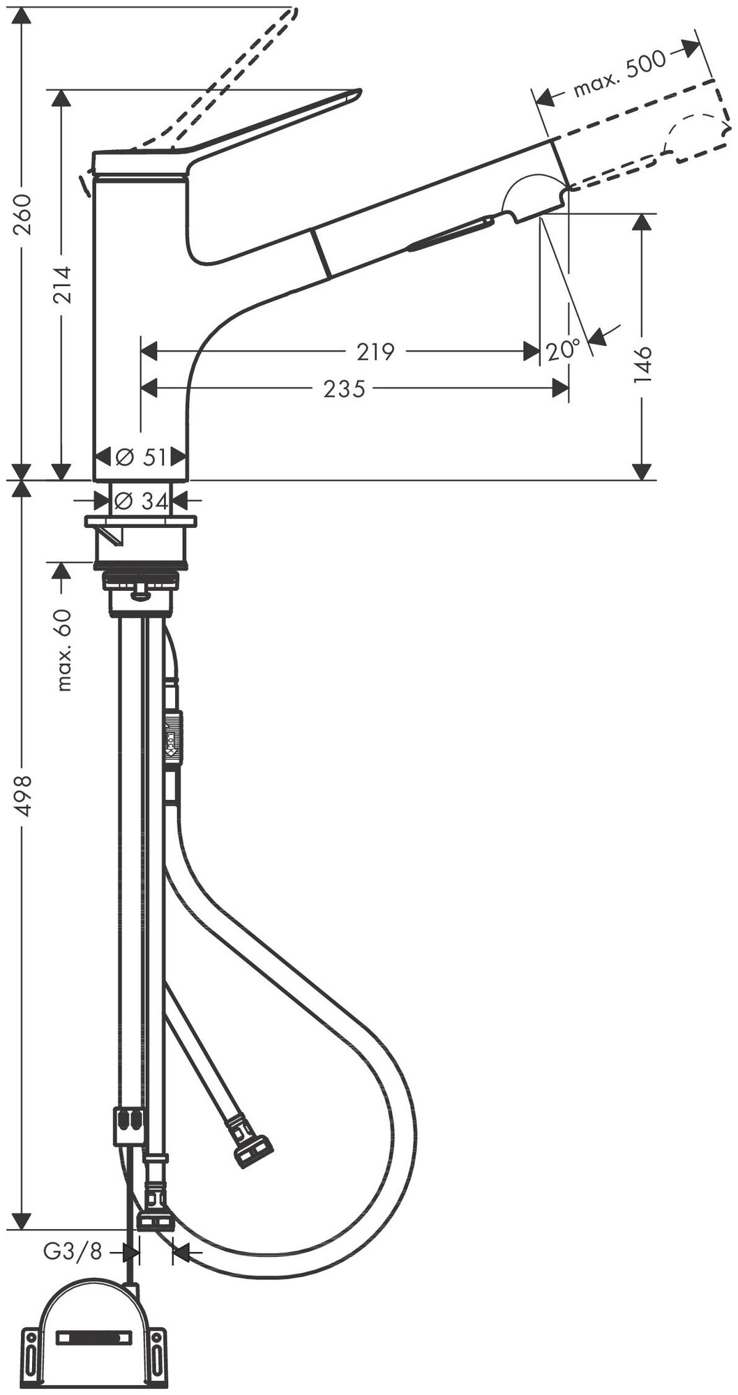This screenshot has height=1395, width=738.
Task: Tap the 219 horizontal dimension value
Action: (376, 352)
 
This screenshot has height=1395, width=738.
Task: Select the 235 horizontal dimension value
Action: (345, 388)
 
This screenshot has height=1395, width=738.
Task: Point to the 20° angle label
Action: (563, 349)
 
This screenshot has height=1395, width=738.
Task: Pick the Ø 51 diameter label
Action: (141, 458)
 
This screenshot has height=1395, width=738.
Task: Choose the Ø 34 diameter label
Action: (141, 499)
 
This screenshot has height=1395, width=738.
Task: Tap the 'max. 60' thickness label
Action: (63, 649)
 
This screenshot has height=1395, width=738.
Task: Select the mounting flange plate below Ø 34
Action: (141, 521)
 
